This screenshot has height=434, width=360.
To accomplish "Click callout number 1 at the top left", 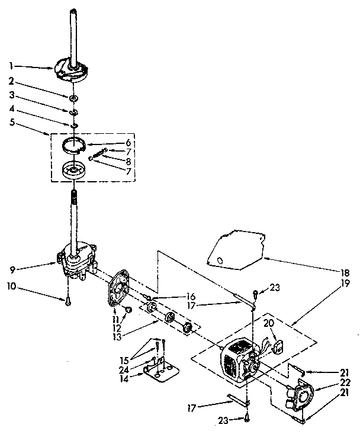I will pos(11,66).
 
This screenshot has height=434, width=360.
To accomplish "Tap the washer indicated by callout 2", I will pos(72,96).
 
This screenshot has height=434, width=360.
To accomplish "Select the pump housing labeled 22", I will pos(304,398).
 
